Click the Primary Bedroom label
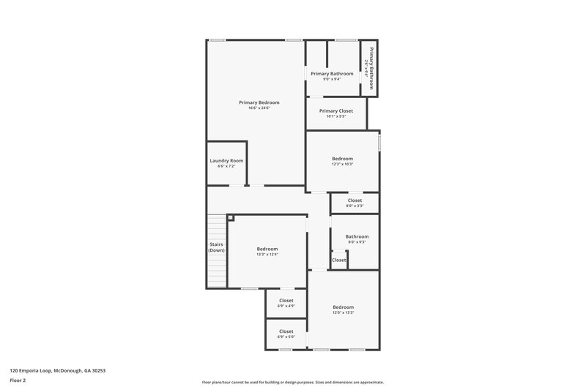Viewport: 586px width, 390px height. click(259, 102)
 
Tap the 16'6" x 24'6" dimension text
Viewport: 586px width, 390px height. click(259, 108)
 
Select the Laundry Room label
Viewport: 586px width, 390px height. click(226, 160)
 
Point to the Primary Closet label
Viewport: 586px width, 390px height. click(335, 110)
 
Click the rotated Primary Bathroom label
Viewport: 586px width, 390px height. click(371, 68)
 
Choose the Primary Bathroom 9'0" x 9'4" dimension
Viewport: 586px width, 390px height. click(332, 79)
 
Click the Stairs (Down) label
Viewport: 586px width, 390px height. click(216, 247)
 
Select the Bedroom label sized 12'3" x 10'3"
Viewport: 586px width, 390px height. click(342, 158)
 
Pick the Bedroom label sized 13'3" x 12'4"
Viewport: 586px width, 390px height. click(267, 249)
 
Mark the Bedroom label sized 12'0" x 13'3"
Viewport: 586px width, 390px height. click(343, 307)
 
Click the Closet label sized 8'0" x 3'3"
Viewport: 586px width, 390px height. click(355, 200)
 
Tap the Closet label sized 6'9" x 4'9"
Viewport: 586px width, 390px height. click(286, 300)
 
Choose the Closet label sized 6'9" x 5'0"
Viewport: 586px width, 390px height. click(286, 331)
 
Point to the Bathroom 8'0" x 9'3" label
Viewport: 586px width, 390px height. click(357, 236)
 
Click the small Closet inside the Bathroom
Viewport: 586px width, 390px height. click(339, 260)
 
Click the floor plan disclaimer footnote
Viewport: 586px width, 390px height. click(292, 382)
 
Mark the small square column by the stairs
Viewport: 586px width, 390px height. click(230, 217)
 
